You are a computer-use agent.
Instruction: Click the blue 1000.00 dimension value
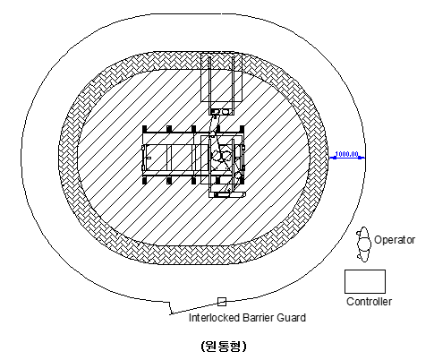(346, 154)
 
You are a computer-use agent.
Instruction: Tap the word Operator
(395, 240)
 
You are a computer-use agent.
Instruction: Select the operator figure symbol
(364, 244)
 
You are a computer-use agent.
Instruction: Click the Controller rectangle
(365, 281)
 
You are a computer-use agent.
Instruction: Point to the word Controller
(369, 302)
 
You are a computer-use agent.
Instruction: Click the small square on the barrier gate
(222, 302)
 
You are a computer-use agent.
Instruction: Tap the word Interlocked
(214, 318)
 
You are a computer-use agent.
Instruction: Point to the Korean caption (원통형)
(224, 346)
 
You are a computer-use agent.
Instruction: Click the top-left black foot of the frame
(145, 129)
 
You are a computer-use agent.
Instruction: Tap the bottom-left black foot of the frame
(145, 181)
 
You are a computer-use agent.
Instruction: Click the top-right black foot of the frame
(243, 129)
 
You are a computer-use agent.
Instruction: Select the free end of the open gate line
(171, 313)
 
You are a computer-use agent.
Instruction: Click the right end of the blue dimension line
(364, 158)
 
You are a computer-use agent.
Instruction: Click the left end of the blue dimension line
(329, 158)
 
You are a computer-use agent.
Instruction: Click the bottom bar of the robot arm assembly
(227, 194)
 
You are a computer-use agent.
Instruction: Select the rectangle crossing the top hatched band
(221, 78)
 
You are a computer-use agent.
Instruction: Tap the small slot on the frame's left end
(149, 158)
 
